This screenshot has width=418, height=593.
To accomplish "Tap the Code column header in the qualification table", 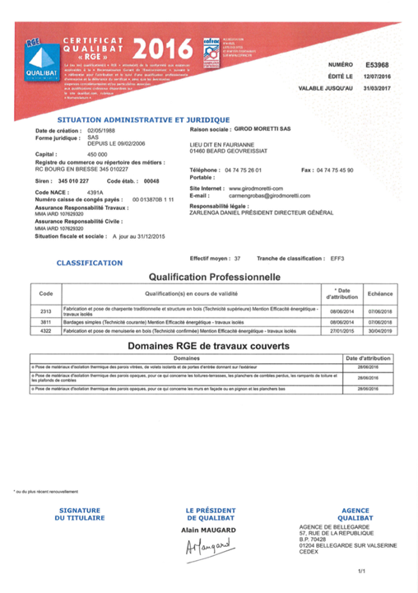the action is [x=46, y=293].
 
